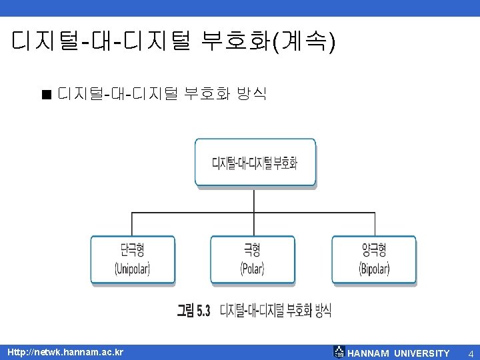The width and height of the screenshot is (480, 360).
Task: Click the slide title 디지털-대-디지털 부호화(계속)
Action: pos(174,43)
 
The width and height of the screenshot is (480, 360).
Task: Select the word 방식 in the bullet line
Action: pos(251,93)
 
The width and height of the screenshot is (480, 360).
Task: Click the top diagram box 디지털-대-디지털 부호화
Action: pos(255,162)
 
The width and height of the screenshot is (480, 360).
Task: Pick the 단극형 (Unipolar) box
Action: pos(133,260)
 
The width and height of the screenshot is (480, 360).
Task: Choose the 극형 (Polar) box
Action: pos(252,260)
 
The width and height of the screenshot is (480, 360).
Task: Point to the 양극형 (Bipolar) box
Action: pos(374,260)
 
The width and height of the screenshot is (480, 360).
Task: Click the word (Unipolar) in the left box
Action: pos(133,269)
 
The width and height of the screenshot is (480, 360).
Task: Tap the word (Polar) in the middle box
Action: pos(252,269)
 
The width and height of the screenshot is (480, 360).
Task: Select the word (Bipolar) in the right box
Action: pos(374,269)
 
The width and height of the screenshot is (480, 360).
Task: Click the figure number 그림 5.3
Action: pos(193,310)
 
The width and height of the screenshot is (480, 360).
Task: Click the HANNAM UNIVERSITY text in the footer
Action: pos(399,353)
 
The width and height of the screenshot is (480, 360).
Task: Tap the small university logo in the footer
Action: pos(339,352)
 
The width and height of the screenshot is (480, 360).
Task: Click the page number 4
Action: pos(470,353)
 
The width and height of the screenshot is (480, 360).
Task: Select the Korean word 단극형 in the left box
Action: pos(133,250)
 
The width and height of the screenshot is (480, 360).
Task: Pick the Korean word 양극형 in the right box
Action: pos(374,250)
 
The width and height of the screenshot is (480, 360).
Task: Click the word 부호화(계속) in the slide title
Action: pos(263,43)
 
